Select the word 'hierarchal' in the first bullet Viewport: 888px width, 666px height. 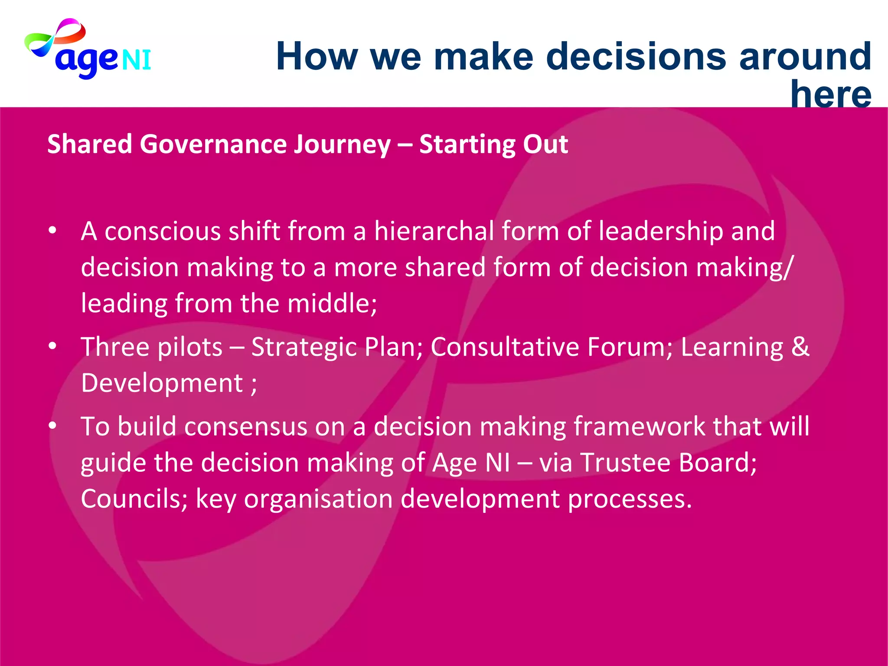click(434, 231)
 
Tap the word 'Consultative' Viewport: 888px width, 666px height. click(505, 347)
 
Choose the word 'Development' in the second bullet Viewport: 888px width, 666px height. click(162, 384)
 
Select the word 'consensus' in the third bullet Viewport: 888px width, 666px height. click(246, 427)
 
